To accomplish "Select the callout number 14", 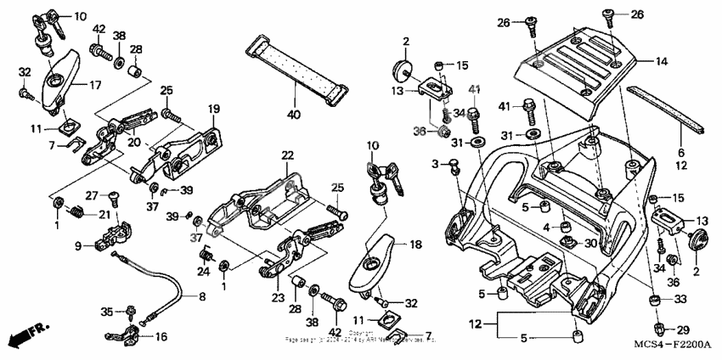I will [661, 61].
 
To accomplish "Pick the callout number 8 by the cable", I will [202, 296].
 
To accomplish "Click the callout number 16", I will [161, 337].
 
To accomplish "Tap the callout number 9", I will [77, 247].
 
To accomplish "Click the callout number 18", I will [415, 245].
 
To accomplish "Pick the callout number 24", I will [203, 272].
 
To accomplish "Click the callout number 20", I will [133, 143].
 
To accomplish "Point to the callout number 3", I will [435, 162].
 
